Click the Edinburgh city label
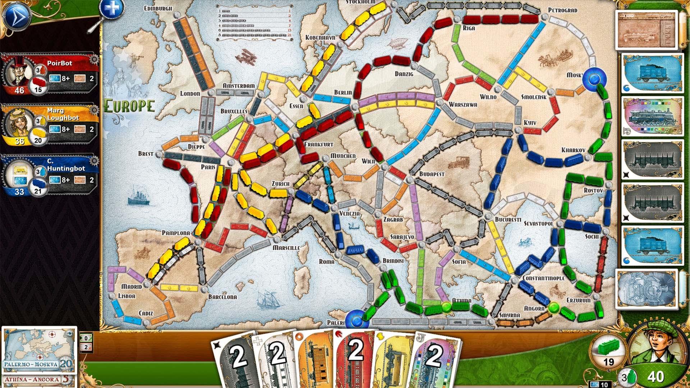pos(158,8)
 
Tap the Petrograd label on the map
pos(562,10)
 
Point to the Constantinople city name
pos(543,278)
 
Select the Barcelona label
pos(222,297)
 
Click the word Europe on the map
pos(129,106)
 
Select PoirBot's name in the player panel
pos(60,63)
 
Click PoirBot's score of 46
pos(19,90)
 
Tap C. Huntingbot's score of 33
pos(19,192)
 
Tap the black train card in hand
pos(235,359)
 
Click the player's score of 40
pos(655,377)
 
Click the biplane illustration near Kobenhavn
pos(246,57)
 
